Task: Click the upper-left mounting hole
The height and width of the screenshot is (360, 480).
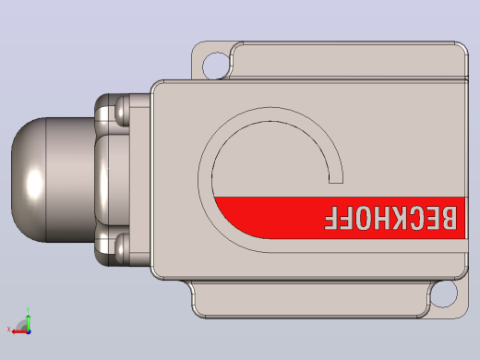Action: [x=216, y=66]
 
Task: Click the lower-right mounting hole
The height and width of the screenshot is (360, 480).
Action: [x=444, y=294]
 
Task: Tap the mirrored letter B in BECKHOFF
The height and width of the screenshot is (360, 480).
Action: [x=448, y=218]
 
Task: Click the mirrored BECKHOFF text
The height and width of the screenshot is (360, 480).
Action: [x=390, y=218]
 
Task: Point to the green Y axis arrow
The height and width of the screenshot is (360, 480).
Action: [x=29, y=322]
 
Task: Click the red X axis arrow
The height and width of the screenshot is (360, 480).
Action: [x=20, y=331]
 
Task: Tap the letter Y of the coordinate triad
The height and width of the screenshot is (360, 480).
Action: [x=28, y=310]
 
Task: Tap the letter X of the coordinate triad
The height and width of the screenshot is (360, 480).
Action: [x=8, y=330]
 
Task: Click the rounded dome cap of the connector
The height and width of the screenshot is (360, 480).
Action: [x=29, y=180]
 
